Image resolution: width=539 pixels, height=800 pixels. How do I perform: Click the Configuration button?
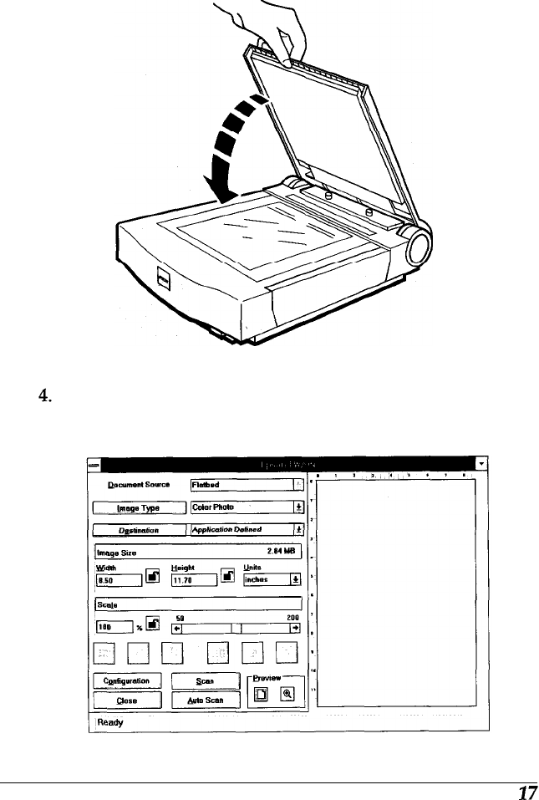(127, 680)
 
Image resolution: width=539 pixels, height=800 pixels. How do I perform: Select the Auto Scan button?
(206, 699)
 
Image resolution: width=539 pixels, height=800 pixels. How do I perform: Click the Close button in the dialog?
(127, 699)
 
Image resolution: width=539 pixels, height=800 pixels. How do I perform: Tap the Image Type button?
(138, 507)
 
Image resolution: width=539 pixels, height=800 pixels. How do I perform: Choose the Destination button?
(138, 528)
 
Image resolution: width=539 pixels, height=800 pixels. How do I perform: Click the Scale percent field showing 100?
(112, 625)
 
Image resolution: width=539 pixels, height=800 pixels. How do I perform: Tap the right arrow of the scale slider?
(295, 626)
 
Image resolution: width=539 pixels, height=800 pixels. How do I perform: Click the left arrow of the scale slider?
(176, 626)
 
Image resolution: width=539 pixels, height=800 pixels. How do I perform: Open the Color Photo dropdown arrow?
(297, 507)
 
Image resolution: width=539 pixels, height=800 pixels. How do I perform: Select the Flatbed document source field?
(238, 484)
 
